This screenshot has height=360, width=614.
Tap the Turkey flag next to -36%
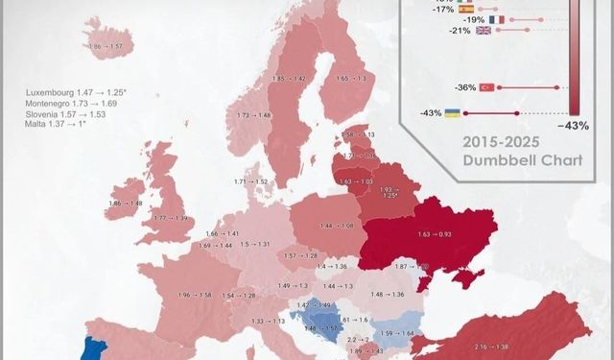coord(485,87)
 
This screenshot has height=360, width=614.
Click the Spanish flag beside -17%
coord(465,9)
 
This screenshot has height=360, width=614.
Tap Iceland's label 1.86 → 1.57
coord(105,46)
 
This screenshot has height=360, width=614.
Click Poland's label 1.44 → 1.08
coord(337,226)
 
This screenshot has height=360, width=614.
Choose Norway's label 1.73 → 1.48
coord(253,115)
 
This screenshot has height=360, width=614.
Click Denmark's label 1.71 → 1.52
coord(250,181)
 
